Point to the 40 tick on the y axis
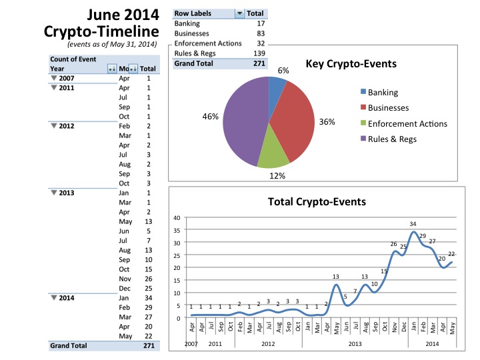pyautogui.click(x=177, y=218)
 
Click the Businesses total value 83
pyautogui.click(x=259, y=33)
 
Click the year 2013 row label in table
pyautogui.click(x=66, y=193)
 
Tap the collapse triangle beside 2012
pyautogui.click(x=54, y=125)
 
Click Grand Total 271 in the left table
pyautogui.click(x=149, y=346)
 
